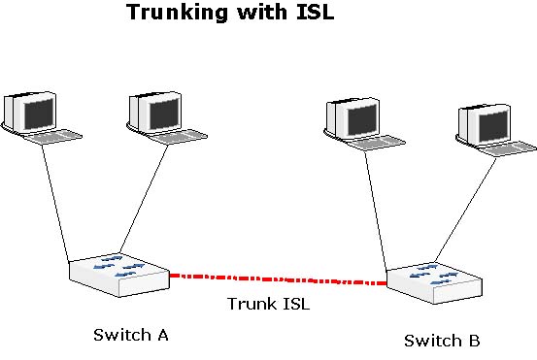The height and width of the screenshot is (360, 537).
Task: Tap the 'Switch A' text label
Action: click(x=131, y=335)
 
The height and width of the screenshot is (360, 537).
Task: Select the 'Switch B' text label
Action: click(x=441, y=341)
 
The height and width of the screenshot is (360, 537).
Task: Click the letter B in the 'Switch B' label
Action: click(x=474, y=341)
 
